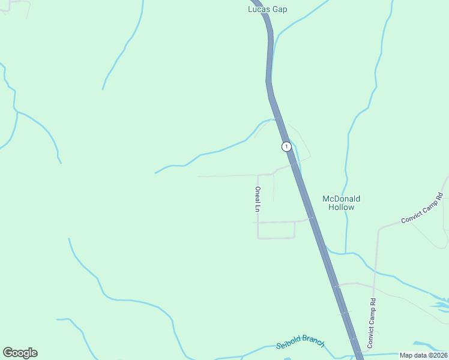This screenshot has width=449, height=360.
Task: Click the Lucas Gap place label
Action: coord(268,9)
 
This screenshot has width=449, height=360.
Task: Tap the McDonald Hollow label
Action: coord(341,203)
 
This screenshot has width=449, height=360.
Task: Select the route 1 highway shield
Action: coord(287,146)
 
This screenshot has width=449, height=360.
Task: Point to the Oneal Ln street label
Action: coord(258,199)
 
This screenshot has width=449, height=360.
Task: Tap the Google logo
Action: coord(20,353)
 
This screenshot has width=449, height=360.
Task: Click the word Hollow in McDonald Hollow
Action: coord(341,207)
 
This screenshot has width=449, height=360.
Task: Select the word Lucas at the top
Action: coord(259,9)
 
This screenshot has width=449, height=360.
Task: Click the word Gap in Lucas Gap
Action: coord(280,9)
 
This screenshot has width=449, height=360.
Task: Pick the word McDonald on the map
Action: coord(341,199)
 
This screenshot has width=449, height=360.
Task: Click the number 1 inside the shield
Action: coord(287,146)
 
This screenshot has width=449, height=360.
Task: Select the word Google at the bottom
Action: coord(20,353)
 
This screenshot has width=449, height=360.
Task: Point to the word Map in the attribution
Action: coord(406,355)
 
